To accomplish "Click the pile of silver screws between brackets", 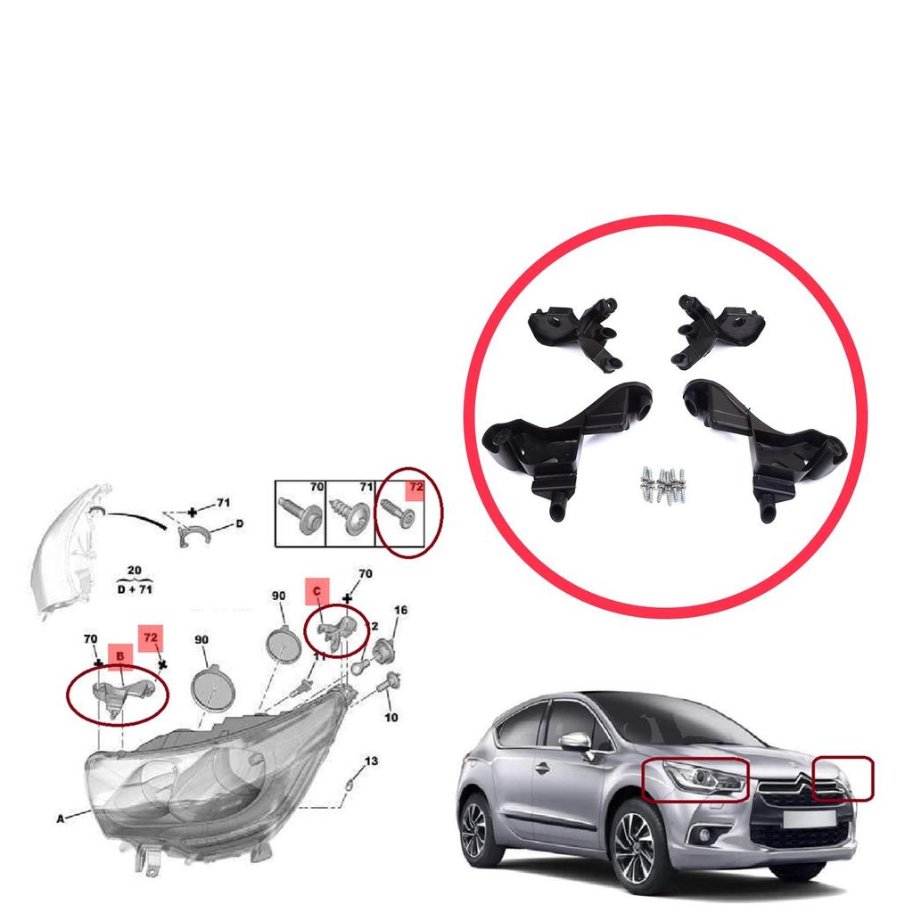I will [662, 486].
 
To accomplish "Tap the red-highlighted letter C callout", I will [317, 590].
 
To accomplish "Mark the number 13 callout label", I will [371, 761].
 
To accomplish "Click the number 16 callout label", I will [400, 611].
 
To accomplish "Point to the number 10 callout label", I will [391, 718].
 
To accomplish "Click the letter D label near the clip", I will [239, 525].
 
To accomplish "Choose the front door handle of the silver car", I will [541, 767].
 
